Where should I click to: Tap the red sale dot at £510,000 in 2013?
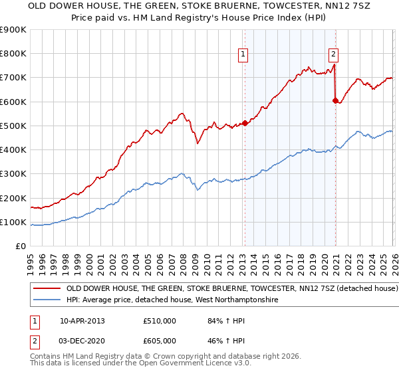[x=245, y=123]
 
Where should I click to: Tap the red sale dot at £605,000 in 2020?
[x=336, y=100]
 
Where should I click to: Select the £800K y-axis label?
[x=13, y=54]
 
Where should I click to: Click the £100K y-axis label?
[x=13, y=222]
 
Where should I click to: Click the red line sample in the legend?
[x=46, y=290]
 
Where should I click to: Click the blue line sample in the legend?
[x=46, y=301]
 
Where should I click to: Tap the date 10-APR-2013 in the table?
[x=82, y=321]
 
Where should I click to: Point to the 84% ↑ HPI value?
[x=221, y=321]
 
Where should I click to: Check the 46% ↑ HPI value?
[x=221, y=339]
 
